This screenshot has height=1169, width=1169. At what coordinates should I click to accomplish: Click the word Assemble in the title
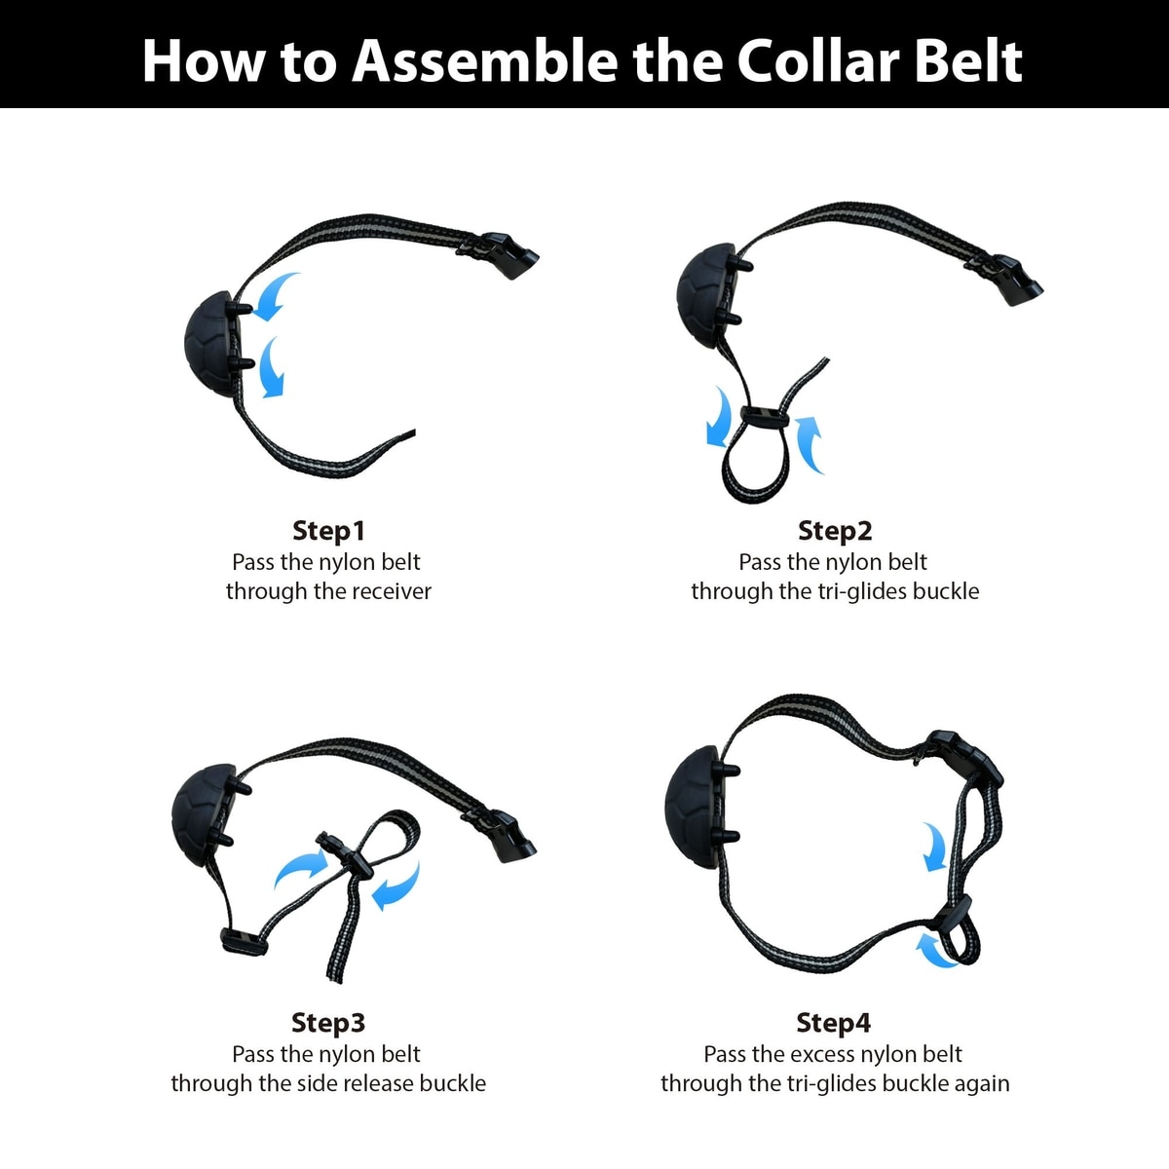pyautogui.click(x=486, y=61)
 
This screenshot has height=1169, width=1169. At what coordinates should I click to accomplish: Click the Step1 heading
pyautogui.click(x=329, y=531)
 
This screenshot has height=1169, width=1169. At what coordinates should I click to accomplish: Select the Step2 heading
pyautogui.click(x=835, y=531)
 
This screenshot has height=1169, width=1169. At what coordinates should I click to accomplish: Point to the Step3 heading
pyautogui.click(x=328, y=1023)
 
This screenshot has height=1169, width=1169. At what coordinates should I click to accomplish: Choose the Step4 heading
pyautogui.click(x=834, y=1023)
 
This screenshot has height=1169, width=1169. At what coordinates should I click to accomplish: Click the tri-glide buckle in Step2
pyautogui.click(x=766, y=416)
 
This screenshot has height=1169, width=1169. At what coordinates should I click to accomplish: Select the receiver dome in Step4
pyautogui.click(x=696, y=808)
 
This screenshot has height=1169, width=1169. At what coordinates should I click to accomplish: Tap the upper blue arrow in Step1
pyautogui.click(x=274, y=295)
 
